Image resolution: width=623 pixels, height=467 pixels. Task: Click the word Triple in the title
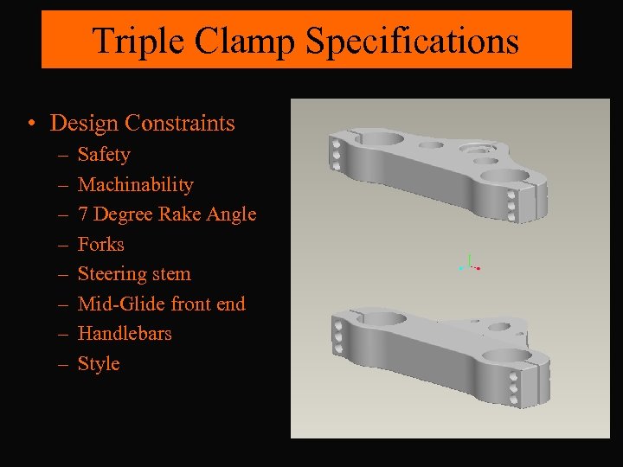tap(130, 41)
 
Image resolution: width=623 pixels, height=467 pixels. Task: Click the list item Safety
tap(104, 155)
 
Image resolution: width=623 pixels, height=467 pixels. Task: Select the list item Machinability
tap(135, 184)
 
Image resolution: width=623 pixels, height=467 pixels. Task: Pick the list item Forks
tap(101, 244)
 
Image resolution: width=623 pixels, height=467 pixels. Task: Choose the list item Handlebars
tap(125, 333)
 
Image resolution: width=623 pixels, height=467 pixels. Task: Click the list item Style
tap(99, 363)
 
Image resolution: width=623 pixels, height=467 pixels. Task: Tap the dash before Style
tap(62, 364)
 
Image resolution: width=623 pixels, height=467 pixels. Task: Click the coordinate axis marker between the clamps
tap(469, 264)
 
